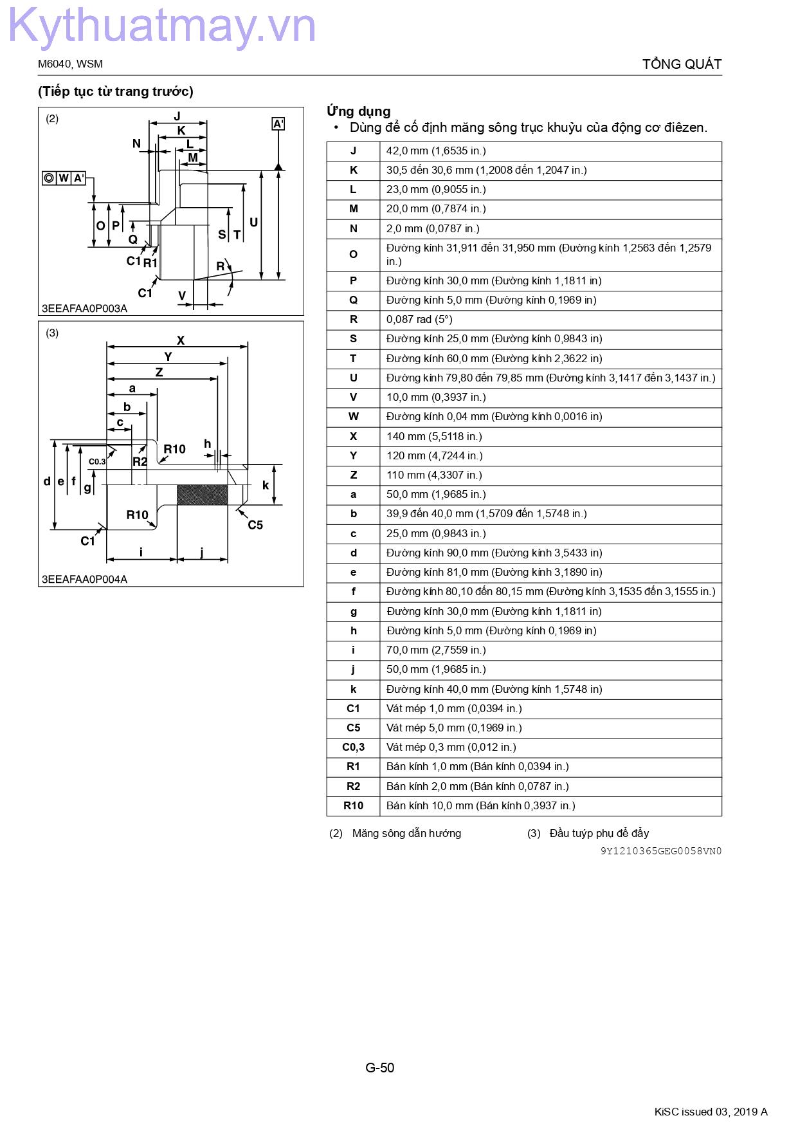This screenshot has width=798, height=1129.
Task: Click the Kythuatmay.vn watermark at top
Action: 161,27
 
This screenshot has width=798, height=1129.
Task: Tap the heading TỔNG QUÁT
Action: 682,64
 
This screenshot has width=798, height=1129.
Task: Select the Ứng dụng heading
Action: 358,111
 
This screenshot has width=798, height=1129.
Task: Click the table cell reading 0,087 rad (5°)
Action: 419,320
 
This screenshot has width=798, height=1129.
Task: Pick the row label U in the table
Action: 353,378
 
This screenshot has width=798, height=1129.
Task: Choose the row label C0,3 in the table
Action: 353,748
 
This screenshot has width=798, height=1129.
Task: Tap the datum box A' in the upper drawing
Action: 278,124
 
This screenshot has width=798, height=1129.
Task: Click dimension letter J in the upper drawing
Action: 177,116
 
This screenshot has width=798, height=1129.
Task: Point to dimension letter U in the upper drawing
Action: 253,223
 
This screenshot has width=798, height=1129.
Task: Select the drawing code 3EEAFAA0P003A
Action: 84,308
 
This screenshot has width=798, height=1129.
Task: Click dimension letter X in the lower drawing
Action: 181,340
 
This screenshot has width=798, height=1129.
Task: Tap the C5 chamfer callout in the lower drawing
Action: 255,525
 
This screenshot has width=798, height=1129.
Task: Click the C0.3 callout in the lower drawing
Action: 97,461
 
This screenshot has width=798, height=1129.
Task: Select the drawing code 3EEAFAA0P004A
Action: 84,579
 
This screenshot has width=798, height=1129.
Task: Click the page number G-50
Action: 380,1068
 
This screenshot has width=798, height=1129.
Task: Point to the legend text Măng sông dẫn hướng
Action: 406,833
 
